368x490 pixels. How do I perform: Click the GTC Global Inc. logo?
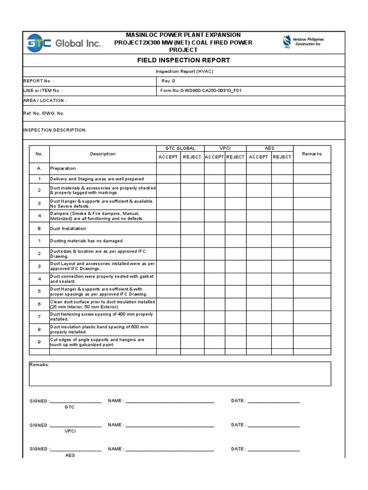coord(63,43)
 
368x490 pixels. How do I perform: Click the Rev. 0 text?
coord(168,81)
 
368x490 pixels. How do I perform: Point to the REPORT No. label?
coord(39,81)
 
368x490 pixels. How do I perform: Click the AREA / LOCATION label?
coord(45,100)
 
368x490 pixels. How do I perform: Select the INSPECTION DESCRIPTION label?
coord(55,130)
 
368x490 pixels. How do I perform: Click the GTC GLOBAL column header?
coord(180,148)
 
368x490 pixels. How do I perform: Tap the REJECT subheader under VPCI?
coord(235,157)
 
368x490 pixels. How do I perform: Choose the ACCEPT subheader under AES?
coord(259,157)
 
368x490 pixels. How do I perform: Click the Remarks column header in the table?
coord(312,154)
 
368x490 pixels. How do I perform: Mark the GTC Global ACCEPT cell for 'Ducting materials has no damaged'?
coord(168,241)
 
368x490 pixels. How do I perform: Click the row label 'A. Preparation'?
coord(63,168)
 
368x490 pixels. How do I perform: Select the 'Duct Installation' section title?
coord(69,229)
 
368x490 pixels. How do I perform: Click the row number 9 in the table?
coord(39,342)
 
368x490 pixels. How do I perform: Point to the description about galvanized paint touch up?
coord(97,342)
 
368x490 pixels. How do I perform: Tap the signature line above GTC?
coord(75,401)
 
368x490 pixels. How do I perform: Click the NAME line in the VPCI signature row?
coord(170,425)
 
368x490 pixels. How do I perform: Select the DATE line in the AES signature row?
coord(274,449)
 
